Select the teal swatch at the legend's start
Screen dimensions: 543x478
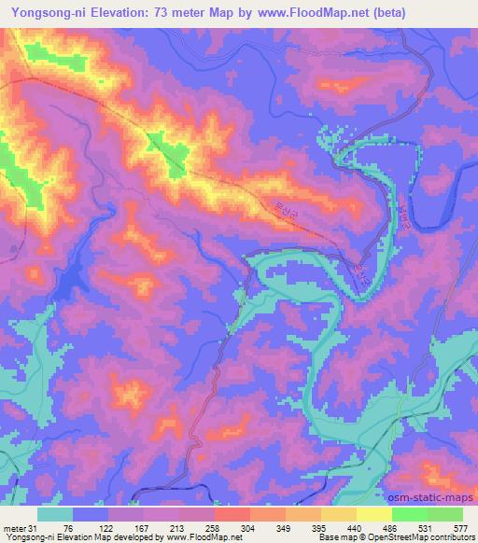[x=55, y=515]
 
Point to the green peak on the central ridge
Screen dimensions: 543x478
[x=166, y=151]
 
